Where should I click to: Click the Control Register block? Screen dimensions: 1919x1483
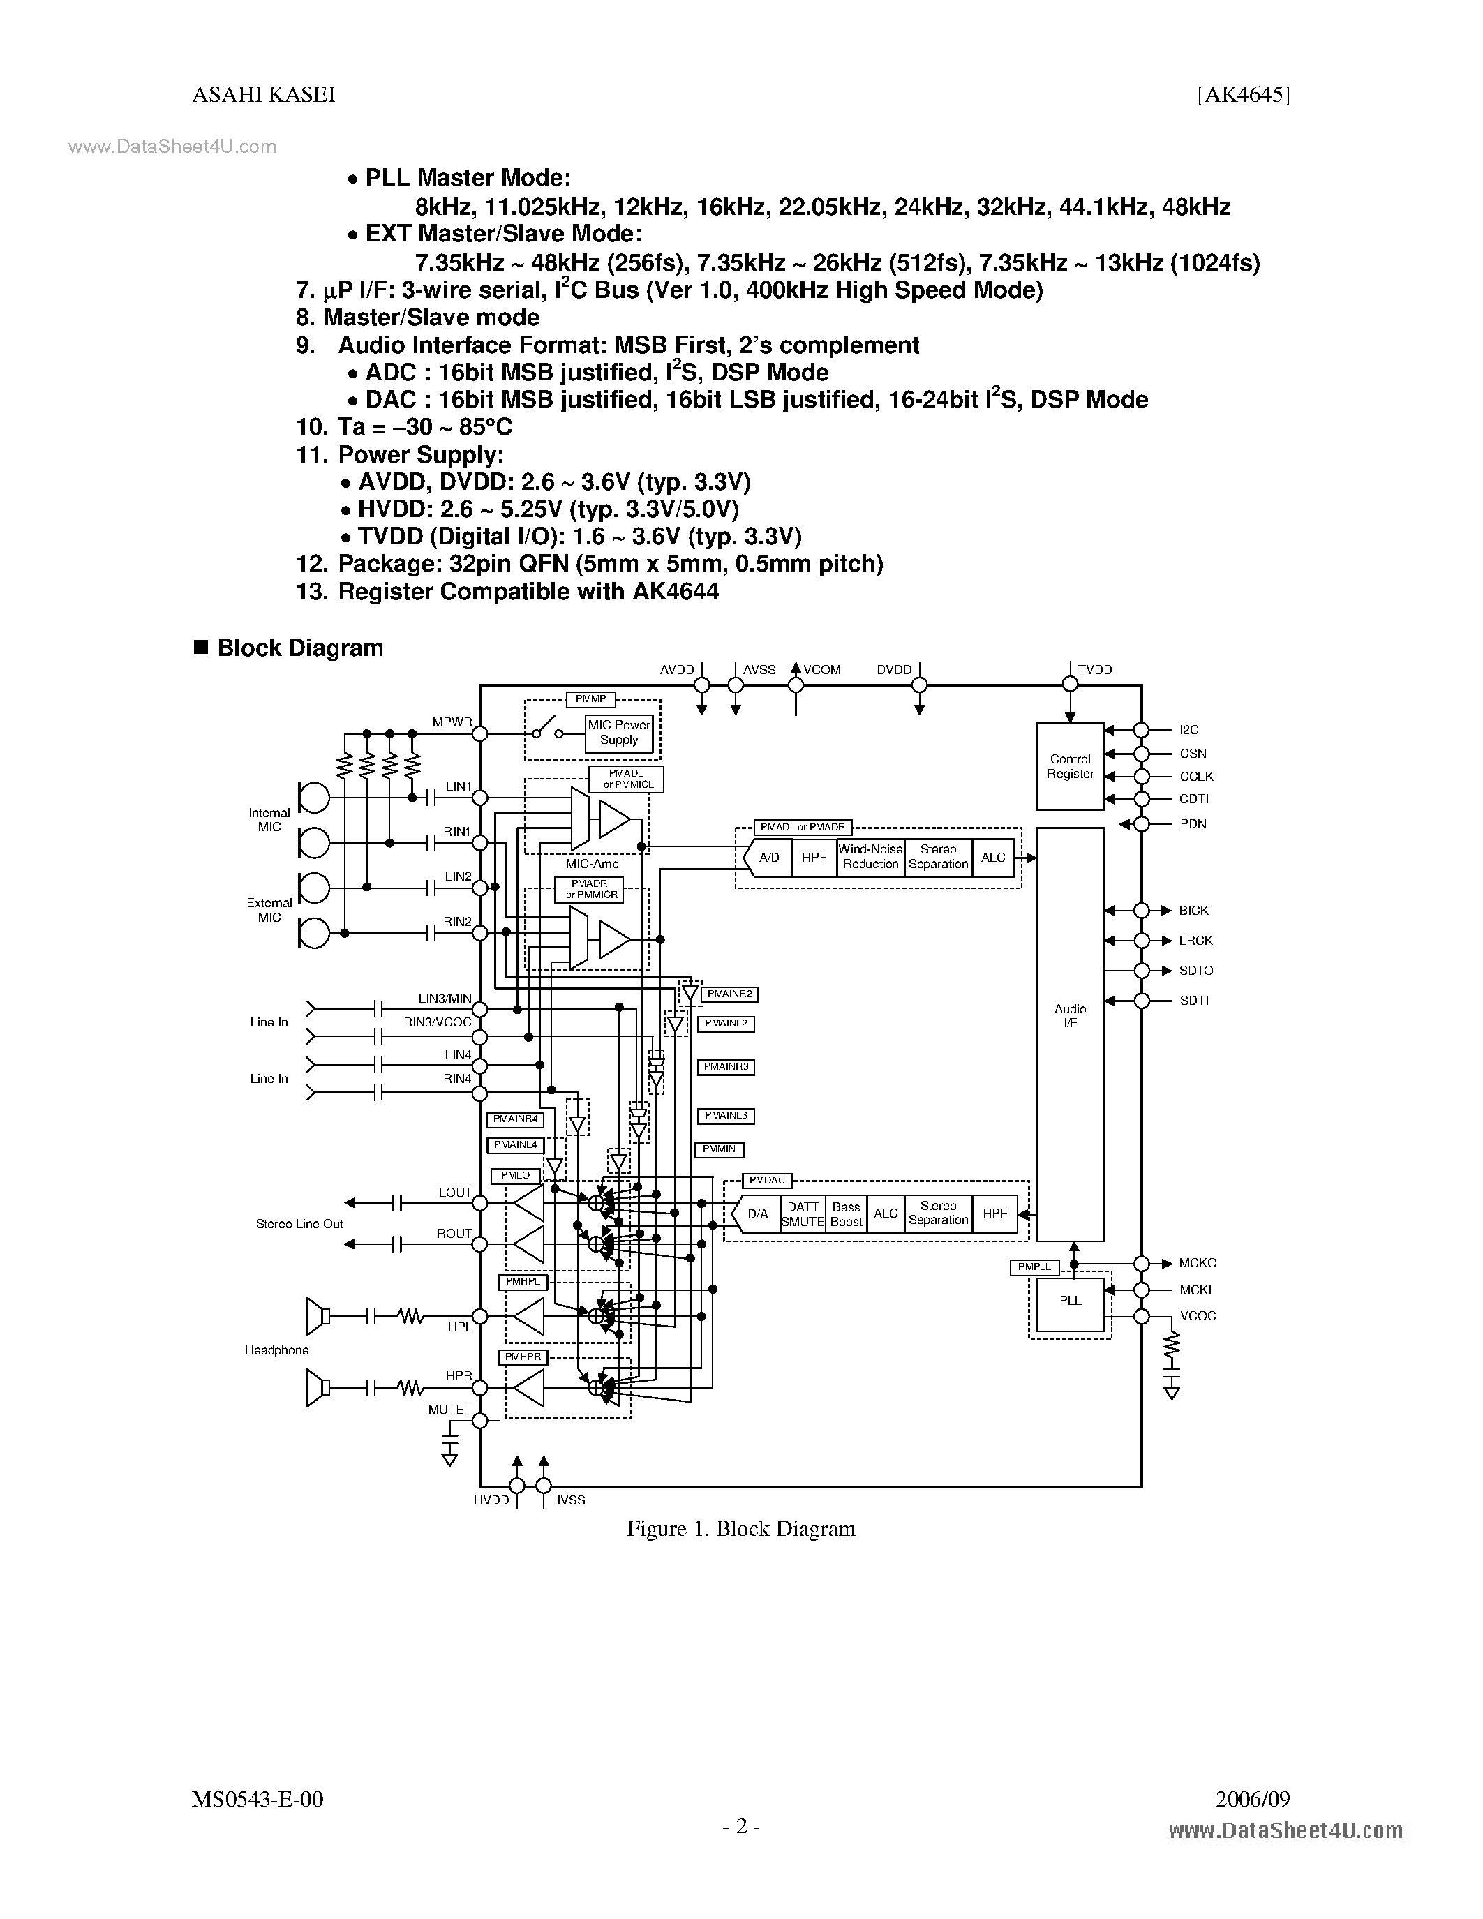pyautogui.click(x=1069, y=766)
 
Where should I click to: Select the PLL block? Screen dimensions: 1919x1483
pyautogui.click(x=1069, y=1301)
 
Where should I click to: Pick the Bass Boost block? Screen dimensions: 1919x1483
pyautogui.click(x=846, y=1214)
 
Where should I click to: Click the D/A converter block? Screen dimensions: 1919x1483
pyautogui.click(x=756, y=1214)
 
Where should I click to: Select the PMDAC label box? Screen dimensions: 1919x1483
pyautogui.click(x=767, y=1180)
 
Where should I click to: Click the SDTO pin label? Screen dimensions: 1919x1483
pyautogui.click(x=1195, y=970)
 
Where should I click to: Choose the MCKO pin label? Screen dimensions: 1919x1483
pyautogui.click(x=1198, y=1262)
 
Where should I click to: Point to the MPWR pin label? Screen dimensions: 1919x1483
pyautogui.click(x=452, y=722)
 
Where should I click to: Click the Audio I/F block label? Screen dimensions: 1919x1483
pyautogui.click(x=1069, y=1016)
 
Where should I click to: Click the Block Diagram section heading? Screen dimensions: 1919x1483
pyautogui.click(x=299, y=648)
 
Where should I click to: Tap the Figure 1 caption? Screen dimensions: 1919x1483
pyautogui.click(x=740, y=1529)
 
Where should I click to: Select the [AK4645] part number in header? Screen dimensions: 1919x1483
pyautogui.click(x=1242, y=95)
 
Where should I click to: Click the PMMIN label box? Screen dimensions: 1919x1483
pyautogui.click(x=719, y=1149)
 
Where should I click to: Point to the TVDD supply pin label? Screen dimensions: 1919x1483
pyautogui.click(x=1095, y=669)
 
